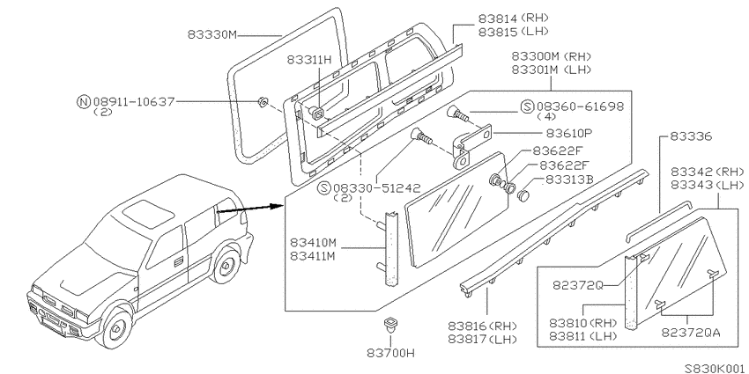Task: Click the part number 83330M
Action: tap(212, 35)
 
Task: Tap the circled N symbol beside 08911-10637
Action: tap(84, 101)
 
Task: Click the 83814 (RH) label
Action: tap(513, 18)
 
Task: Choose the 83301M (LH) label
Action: tap(552, 70)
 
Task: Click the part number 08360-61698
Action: tap(580, 106)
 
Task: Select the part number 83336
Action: tap(691, 137)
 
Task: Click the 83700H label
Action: tap(390, 354)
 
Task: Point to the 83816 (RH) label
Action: tap(483, 326)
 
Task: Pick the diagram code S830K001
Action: tap(715, 369)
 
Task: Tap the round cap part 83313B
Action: tap(524, 195)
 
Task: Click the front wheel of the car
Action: tap(117, 328)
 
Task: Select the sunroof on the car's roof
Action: tap(148, 212)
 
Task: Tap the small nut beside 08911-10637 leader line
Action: tap(262, 102)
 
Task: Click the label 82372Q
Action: tap(578, 285)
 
